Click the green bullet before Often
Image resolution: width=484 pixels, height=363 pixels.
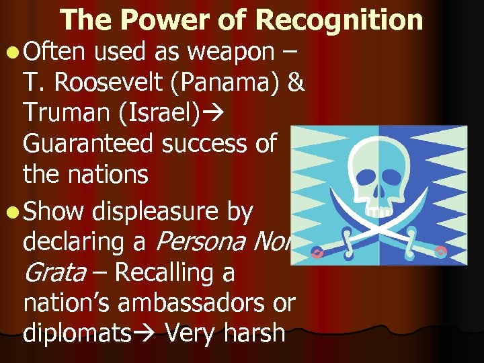(13, 52)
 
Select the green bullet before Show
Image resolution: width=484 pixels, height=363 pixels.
(13, 213)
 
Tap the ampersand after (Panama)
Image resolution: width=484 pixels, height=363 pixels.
(294, 83)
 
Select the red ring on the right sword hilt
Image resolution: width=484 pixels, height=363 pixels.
(441, 252)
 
